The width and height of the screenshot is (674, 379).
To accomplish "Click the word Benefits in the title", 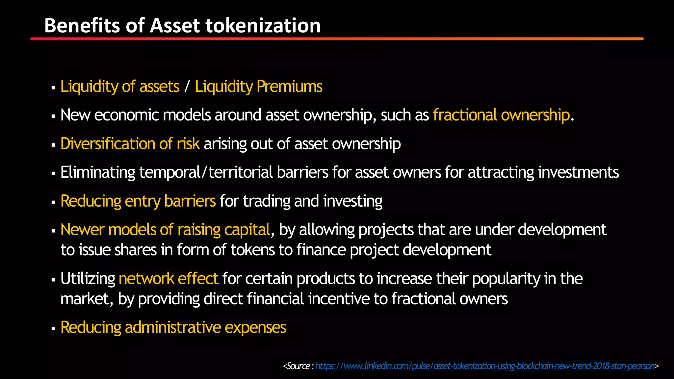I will (x=82, y=26).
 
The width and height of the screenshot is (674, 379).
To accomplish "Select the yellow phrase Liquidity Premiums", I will (x=259, y=87).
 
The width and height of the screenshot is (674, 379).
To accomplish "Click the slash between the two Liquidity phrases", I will (x=187, y=87).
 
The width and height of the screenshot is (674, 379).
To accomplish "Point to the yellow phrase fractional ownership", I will (x=501, y=115).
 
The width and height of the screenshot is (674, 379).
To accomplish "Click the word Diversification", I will (x=108, y=144).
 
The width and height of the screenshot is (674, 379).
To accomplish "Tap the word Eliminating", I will (x=98, y=172).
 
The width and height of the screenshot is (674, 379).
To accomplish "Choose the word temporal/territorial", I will (x=206, y=172).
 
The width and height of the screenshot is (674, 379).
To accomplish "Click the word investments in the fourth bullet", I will (x=578, y=172).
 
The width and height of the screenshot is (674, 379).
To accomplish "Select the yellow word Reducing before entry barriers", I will (x=91, y=201).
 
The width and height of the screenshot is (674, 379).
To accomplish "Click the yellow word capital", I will (x=247, y=230).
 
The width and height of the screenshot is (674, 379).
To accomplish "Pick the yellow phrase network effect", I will (x=168, y=279).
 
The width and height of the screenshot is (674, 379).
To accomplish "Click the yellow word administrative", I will (x=173, y=327).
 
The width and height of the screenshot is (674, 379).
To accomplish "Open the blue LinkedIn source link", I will (x=485, y=366).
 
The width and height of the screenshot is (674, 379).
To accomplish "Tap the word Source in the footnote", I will (x=298, y=366).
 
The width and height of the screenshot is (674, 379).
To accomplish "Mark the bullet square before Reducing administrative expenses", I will (x=53, y=329).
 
